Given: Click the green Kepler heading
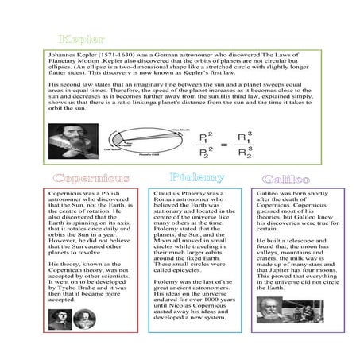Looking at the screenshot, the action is pos(78,39).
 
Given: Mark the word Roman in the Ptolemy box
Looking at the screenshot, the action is pos(165,199).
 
